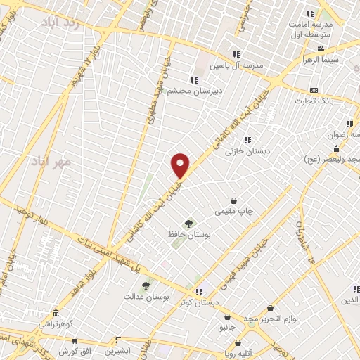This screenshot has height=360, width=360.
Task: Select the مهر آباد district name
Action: [51, 162]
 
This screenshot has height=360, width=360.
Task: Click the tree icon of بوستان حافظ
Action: [188, 223]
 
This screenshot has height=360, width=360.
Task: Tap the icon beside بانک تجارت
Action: [314, 90]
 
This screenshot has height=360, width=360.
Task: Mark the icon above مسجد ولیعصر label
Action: [337, 149]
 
